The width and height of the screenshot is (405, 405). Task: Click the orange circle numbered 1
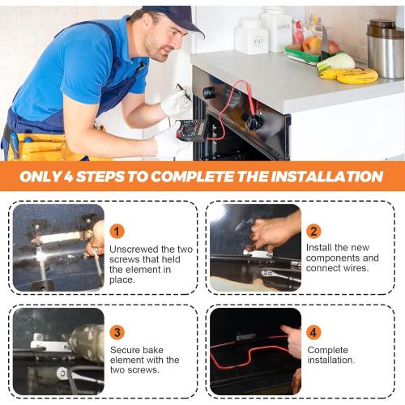117,232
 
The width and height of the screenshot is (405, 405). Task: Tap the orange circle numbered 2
313,232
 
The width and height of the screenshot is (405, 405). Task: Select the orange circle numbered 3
117,332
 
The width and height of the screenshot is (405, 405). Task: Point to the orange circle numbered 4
313,332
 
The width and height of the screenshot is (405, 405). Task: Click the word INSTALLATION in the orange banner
327,177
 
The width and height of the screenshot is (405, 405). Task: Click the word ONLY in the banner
40,177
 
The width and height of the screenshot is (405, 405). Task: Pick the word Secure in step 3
123,350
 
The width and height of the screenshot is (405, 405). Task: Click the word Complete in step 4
328,350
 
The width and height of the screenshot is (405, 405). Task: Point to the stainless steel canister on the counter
385,49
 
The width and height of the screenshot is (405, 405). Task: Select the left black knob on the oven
210,93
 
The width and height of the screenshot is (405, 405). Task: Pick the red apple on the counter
333,46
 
